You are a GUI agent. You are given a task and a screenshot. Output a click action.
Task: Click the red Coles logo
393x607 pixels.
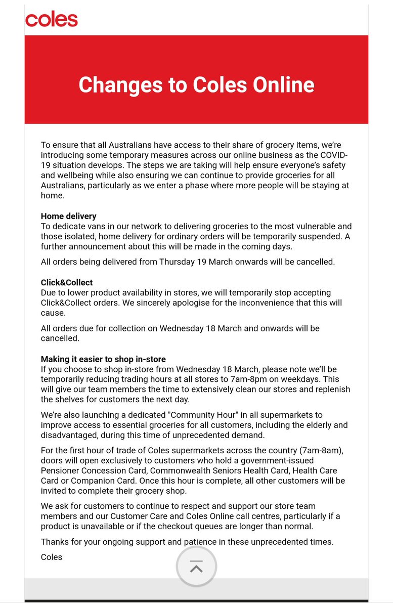coord(52,20)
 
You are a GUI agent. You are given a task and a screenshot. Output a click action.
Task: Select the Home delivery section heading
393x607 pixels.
coord(68,216)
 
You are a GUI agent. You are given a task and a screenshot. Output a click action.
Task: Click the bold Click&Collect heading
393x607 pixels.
coord(67,282)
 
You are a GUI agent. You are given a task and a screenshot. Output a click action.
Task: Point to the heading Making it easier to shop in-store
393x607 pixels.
coord(103,359)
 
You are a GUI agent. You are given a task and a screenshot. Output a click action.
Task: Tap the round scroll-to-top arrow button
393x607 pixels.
coord(196,567)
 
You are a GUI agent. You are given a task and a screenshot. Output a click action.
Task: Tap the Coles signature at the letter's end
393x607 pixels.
coord(52,557)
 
